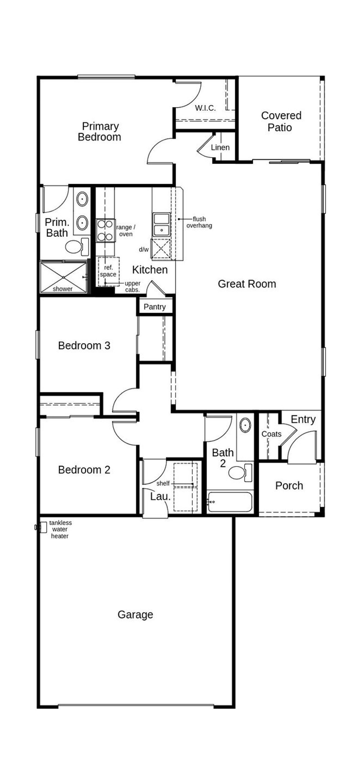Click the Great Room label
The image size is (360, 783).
(x=247, y=284)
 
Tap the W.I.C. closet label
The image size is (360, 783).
(x=205, y=108)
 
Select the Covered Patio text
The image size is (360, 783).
(x=281, y=121)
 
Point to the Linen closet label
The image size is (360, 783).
(x=220, y=147)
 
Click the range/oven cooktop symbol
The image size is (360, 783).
(x=105, y=230)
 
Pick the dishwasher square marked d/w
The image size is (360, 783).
(x=161, y=248)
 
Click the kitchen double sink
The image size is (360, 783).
(x=161, y=224)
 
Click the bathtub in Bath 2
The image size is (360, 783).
(x=230, y=502)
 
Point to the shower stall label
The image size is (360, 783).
(x=63, y=289)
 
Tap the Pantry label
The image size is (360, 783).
(x=154, y=307)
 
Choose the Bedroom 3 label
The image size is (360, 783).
(x=84, y=346)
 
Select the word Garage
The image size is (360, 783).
(x=135, y=615)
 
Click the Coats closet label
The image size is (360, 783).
(x=271, y=434)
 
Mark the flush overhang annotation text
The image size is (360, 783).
(x=199, y=222)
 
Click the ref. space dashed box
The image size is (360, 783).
(x=109, y=271)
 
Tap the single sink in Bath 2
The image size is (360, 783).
(x=245, y=425)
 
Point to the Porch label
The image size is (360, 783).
(x=289, y=486)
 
